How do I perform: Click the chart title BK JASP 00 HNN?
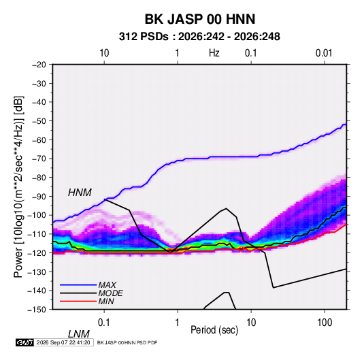point(200,19)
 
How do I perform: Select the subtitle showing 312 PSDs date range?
point(199,37)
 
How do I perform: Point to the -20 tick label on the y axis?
point(39,65)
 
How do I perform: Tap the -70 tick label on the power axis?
point(39,159)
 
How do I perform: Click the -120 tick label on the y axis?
point(37,252)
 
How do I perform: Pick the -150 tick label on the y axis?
point(37,310)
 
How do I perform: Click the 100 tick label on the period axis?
point(325,323)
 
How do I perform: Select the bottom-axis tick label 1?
point(177,323)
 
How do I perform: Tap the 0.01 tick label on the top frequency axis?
point(324,53)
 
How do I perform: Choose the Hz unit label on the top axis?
point(214,53)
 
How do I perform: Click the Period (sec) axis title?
point(214,330)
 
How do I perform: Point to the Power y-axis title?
point(18,187)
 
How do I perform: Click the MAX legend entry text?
point(107,285)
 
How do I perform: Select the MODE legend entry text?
point(110,293)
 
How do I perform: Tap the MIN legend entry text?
point(106,301)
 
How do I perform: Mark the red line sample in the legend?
point(78,301)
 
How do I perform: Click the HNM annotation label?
point(80,193)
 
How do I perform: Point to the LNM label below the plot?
point(78,334)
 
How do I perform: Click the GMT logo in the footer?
point(25,342)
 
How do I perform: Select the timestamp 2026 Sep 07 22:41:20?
point(63,342)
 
